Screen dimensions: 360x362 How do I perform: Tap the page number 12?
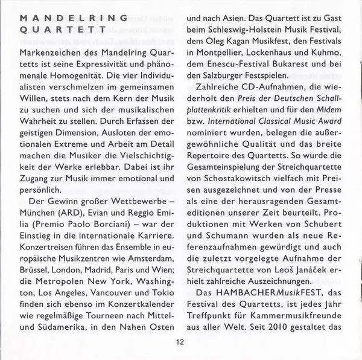[x=180, y=342]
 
